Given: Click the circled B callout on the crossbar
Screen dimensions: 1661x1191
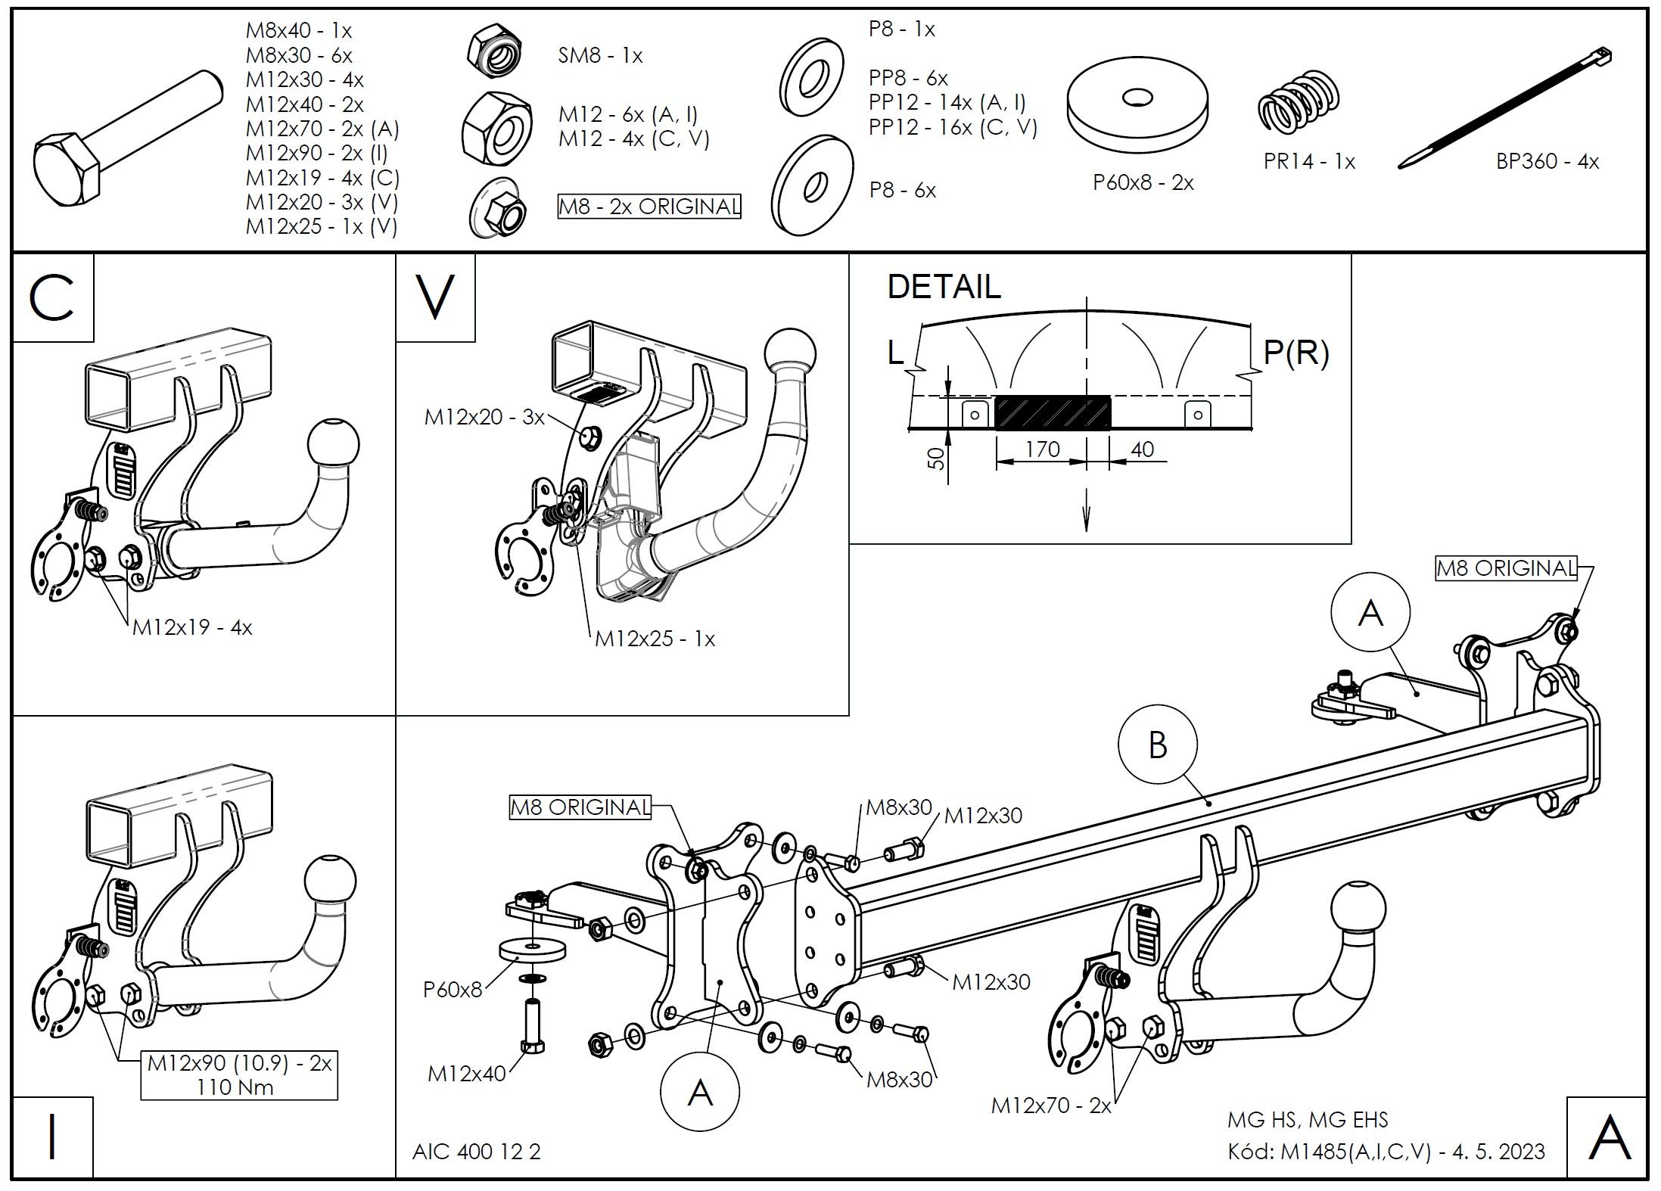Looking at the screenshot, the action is (1157, 745).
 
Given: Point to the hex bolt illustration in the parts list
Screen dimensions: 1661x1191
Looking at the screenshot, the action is (129, 136).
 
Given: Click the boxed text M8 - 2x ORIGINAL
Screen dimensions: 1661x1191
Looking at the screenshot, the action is (649, 207).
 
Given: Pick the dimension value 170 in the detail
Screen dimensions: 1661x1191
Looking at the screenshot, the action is (1042, 449).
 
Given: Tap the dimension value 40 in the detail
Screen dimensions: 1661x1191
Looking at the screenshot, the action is (1142, 449).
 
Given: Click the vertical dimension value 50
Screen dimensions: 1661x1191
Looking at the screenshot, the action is (937, 457).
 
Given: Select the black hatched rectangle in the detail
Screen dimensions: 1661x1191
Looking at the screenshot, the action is (1053, 413).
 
